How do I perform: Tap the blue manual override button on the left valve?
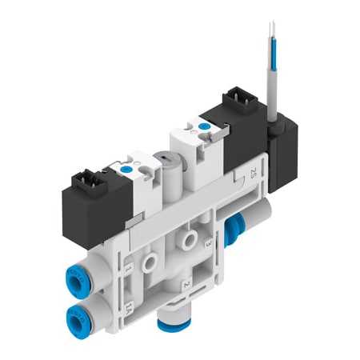click(127, 170)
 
